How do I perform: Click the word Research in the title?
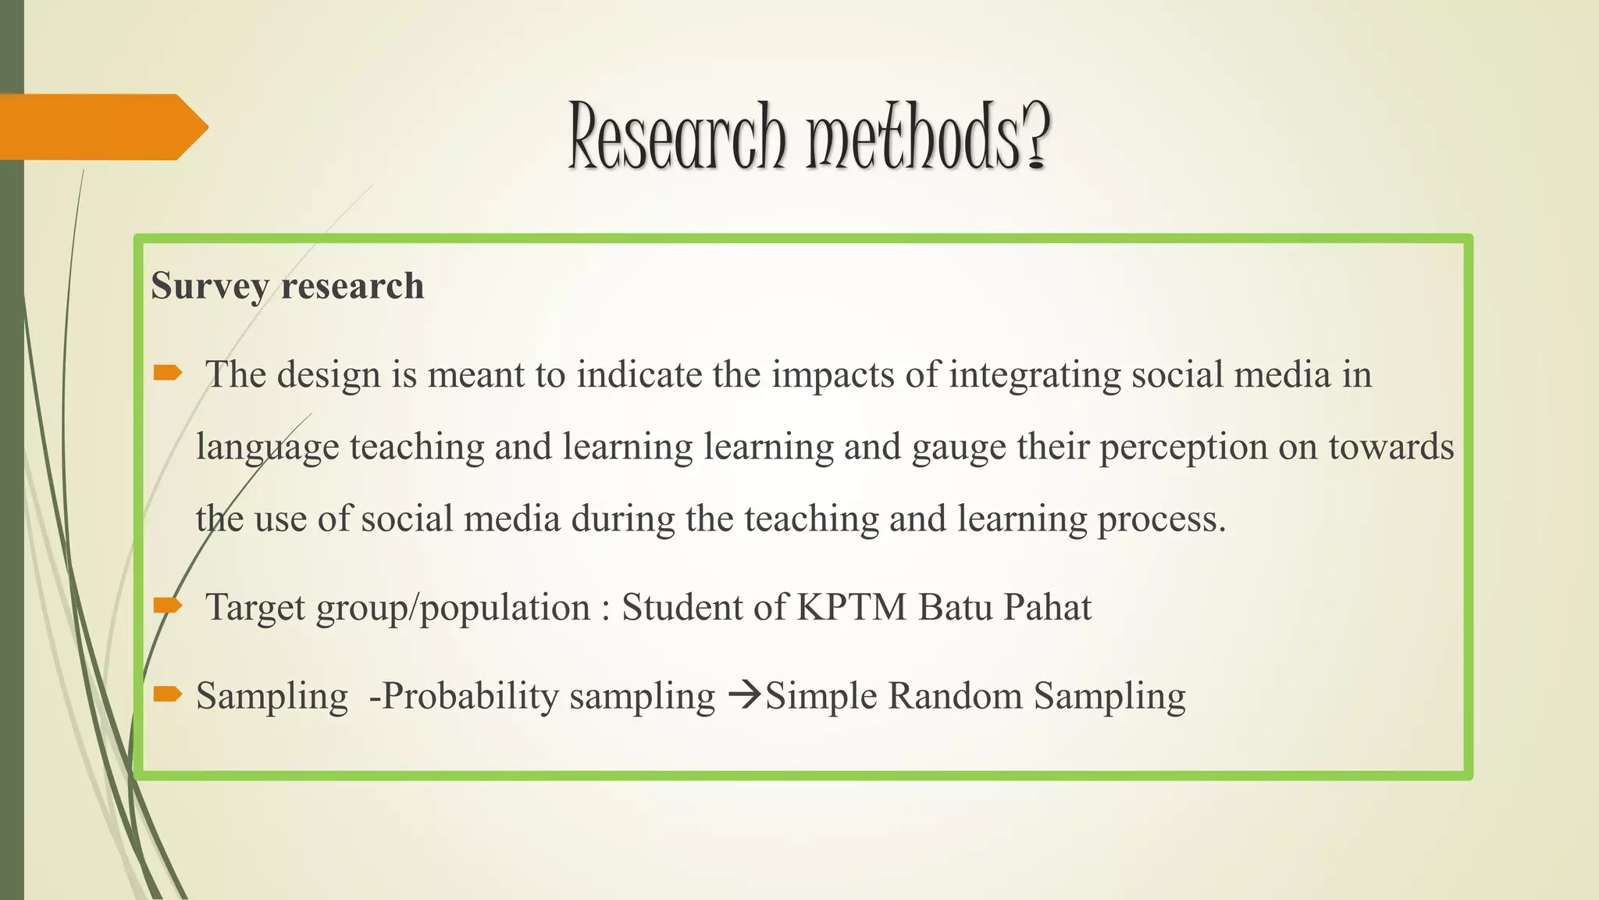676,137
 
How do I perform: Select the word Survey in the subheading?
209,286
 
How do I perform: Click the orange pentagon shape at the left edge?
101,127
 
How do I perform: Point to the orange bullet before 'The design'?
167,373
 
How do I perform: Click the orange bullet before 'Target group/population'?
167,605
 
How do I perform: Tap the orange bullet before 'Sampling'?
167,694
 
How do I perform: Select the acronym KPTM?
852,607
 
